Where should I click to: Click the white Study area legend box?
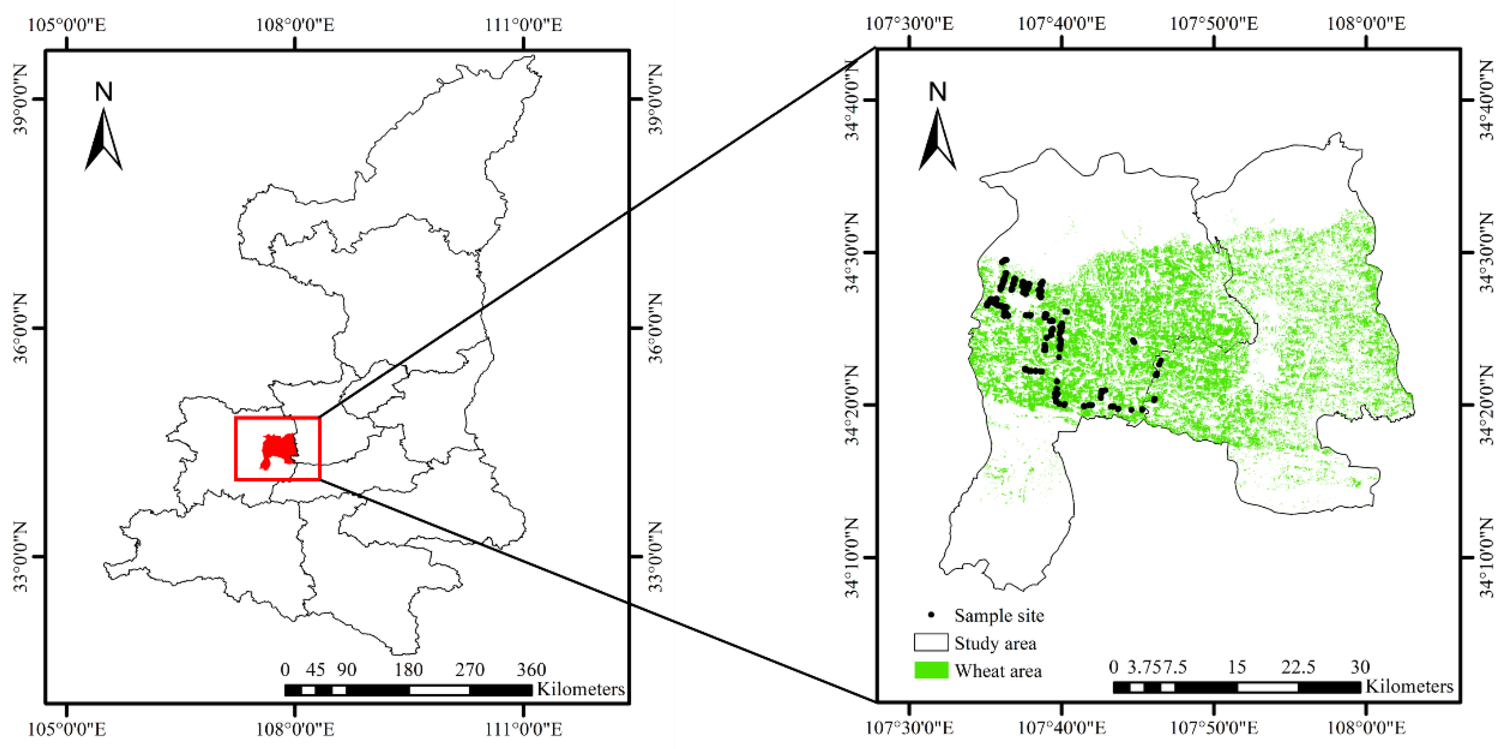tap(931, 643)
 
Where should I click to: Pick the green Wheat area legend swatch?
tap(931, 670)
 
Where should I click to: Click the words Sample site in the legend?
tap(999, 615)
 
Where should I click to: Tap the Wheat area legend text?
tap(998, 671)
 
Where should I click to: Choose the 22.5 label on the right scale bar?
tap(1298, 667)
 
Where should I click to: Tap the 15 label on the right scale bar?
tap(1236, 667)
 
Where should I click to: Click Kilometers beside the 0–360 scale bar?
tap(581, 689)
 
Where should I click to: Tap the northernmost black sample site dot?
tap(1005, 260)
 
